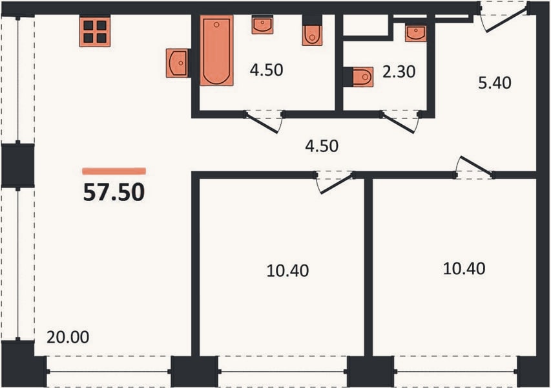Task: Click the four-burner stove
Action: pos(95,31)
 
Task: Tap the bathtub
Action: pos(216,50)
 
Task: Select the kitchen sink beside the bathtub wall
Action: pos(178,63)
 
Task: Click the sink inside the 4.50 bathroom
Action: pos(262,25)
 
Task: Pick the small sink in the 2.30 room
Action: pos(415,33)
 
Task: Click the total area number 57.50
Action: pos(114,193)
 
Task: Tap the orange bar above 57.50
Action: pos(114,171)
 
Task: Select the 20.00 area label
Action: pos(68,338)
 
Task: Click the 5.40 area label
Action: pos(494,83)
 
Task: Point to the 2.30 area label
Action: pos(399,72)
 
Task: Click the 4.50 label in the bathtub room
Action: pos(266,70)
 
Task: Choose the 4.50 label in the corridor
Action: pos(322,146)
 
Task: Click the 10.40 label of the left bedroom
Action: pos(288,271)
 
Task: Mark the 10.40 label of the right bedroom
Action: pos(464,269)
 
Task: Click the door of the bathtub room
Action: pos(264,122)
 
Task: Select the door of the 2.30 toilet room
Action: pos(400,122)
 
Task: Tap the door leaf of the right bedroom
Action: pos(475,166)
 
